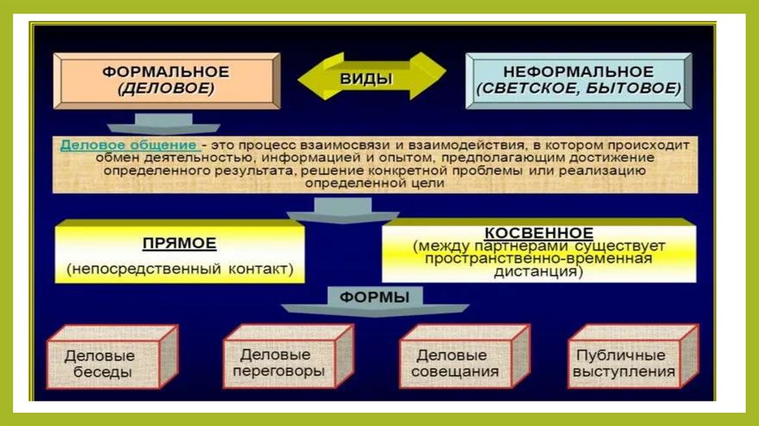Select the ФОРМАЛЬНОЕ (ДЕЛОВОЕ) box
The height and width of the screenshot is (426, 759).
[166, 80]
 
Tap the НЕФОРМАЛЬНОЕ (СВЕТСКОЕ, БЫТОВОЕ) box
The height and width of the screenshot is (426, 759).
[577, 80]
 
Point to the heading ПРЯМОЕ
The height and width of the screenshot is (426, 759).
[179, 243]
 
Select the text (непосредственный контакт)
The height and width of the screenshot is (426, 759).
[179, 269]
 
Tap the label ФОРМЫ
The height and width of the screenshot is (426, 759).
[374, 297]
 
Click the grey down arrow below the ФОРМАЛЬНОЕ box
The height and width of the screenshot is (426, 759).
[164, 122]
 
